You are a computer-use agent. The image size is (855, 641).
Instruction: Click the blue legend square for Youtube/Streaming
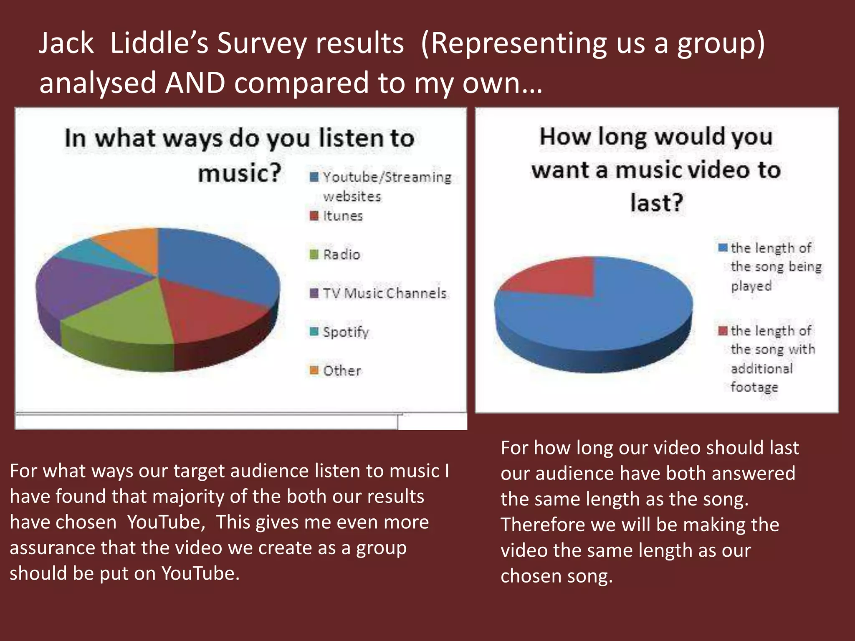(x=314, y=177)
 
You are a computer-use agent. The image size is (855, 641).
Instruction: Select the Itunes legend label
(x=343, y=216)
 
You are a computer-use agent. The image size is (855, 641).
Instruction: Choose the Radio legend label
(x=341, y=255)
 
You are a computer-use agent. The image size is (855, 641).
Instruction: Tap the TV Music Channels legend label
(x=384, y=293)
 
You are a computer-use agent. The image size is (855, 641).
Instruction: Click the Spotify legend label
(x=346, y=332)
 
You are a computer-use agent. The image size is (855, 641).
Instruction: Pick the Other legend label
(x=342, y=371)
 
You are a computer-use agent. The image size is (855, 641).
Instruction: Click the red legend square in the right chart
(x=723, y=331)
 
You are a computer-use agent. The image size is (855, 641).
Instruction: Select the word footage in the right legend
(x=754, y=387)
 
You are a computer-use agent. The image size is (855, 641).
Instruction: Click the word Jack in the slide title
(x=66, y=43)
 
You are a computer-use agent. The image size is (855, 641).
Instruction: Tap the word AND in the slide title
(x=195, y=83)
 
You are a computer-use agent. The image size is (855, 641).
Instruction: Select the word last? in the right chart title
(x=656, y=203)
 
